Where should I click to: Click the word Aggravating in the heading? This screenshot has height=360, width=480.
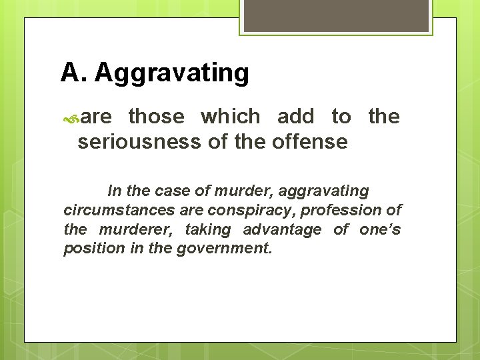coord(172,73)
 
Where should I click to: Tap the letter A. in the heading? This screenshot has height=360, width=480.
coord(73,72)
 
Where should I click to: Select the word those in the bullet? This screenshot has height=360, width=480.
coord(156,117)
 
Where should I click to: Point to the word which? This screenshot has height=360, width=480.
coord(231,117)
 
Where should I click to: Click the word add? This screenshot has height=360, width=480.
coord(295,117)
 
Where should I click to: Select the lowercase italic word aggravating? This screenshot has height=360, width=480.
coord(323,191)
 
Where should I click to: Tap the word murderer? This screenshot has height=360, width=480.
coord(137,230)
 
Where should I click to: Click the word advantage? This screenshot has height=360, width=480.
coord(282,230)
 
